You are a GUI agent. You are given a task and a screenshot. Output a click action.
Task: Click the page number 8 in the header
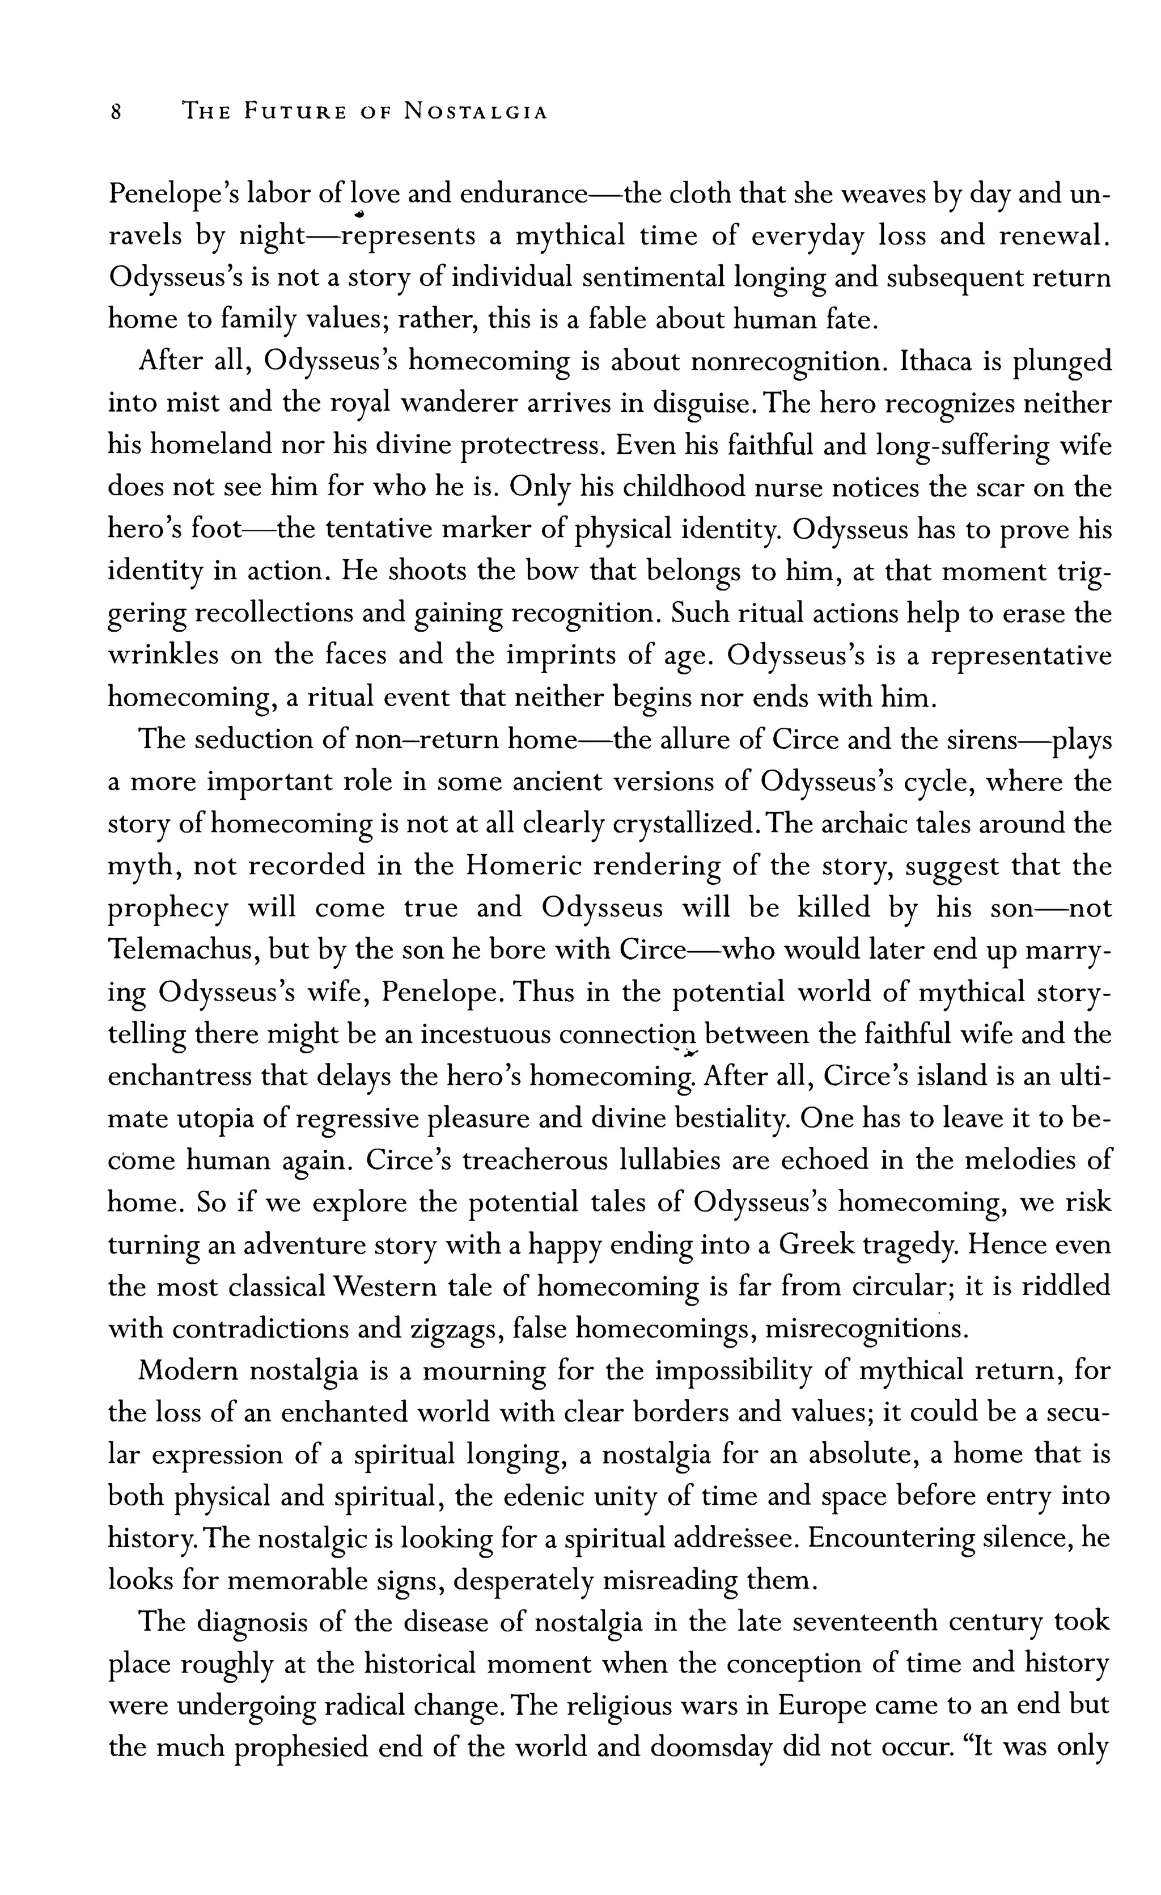[116, 112]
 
